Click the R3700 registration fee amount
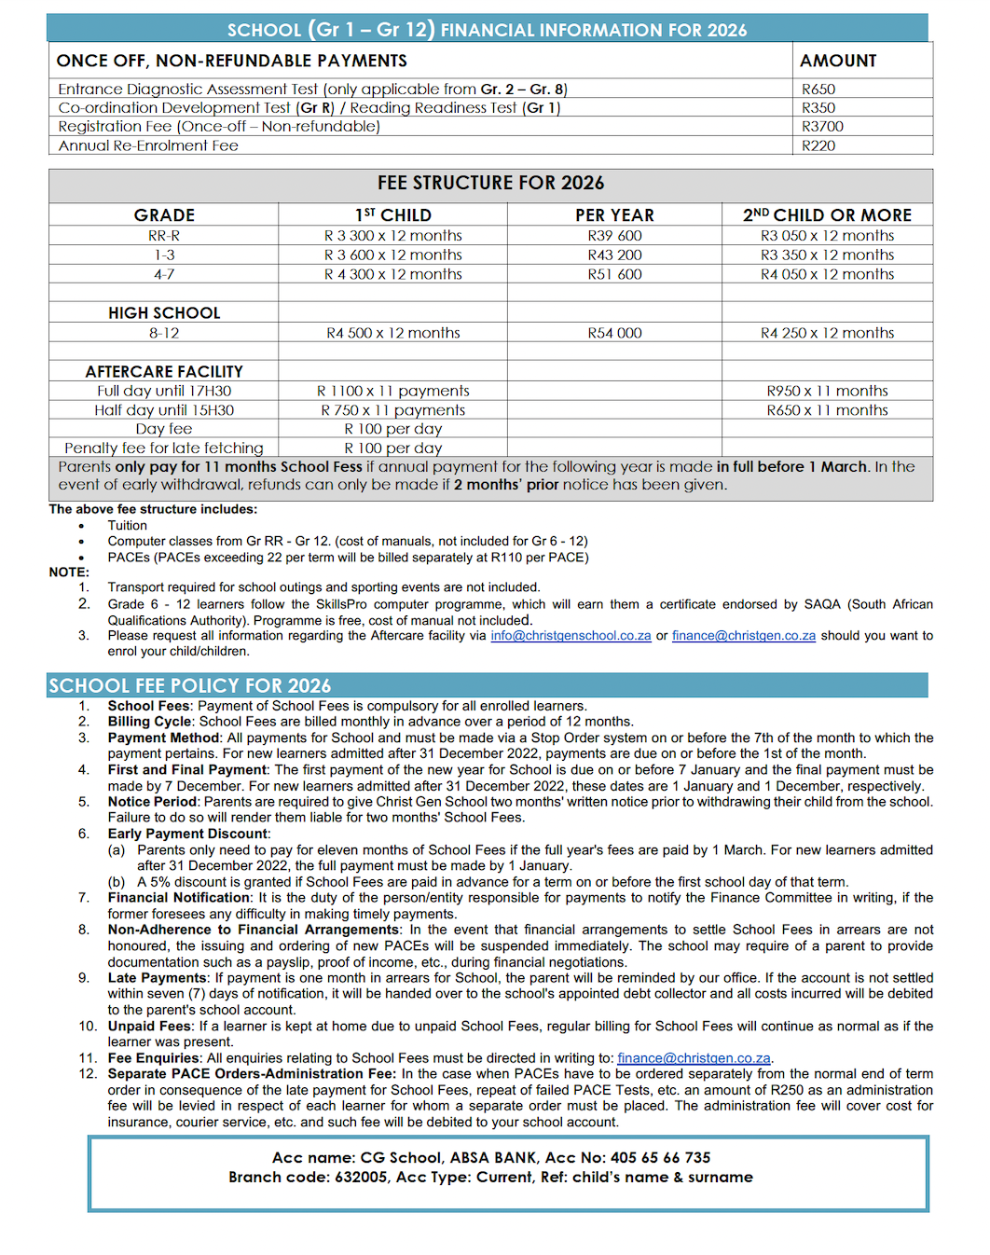tap(822, 127)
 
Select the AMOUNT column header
tap(838, 61)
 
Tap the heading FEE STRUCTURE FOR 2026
tap(490, 183)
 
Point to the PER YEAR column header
tap(614, 215)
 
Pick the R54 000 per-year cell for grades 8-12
tap(614, 333)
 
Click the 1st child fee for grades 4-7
tap(392, 274)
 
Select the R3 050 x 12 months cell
tap(827, 236)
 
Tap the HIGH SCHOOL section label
tap(164, 313)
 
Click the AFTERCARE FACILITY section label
tap(164, 371)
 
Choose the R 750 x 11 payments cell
tap(392, 410)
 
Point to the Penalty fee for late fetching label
tap(164, 448)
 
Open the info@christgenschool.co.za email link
tap(571, 636)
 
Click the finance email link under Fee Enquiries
tap(694, 1058)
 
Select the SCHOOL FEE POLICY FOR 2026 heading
tap(190, 685)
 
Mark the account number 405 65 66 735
tap(660, 1158)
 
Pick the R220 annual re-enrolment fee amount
tap(818, 145)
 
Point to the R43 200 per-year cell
tap(614, 255)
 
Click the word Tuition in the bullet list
tap(128, 526)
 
